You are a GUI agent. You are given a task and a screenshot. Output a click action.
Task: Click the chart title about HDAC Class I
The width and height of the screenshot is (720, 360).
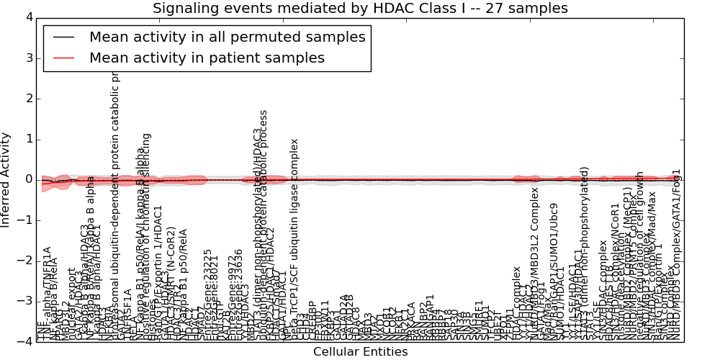(x=360, y=8)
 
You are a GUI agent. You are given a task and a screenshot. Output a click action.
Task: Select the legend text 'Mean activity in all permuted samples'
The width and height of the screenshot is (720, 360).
(x=227, y=37)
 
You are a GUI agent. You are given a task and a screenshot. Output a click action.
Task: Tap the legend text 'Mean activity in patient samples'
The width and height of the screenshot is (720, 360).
(x=207, y=58)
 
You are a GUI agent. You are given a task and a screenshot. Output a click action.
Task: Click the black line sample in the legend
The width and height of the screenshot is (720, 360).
(x=63, y=37)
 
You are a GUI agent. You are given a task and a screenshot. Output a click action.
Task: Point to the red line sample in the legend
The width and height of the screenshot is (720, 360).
(x=63, y=58)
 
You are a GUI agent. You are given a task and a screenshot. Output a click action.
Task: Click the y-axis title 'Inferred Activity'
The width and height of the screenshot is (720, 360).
(x=6, y=179)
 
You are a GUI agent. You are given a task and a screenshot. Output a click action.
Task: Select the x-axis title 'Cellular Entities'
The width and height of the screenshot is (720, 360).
(x=360, y=352)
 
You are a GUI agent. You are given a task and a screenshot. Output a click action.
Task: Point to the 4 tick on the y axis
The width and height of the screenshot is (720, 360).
(x=28, y=17)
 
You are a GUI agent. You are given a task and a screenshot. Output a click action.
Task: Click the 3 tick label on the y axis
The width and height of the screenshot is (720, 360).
(x=28, y=58)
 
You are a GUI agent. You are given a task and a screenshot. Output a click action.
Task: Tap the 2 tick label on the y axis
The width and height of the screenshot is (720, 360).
(x=28, y=99)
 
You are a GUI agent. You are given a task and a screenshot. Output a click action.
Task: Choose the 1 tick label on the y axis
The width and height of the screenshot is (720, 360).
(x=28, y=139)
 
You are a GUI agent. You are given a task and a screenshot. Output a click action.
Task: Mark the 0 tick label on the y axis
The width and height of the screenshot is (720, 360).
(x=28, y=179)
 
